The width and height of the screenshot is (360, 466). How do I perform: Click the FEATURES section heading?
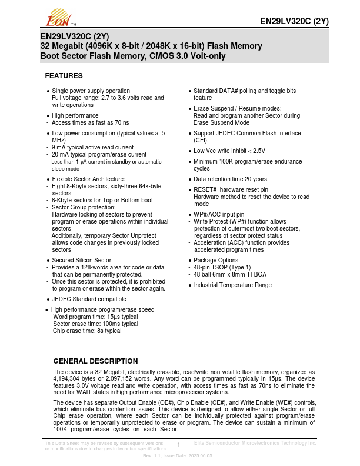tap(64, 76)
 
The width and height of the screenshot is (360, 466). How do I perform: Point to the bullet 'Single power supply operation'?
tap(91, 91)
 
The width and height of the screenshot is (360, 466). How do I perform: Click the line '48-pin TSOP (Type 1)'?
tap(221, 267)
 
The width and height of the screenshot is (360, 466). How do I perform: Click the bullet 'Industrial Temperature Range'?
tap(232, 285)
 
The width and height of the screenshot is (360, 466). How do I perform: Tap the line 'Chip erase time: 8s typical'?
tap(87, 331)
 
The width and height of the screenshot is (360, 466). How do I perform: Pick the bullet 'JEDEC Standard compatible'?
tap(89, 299)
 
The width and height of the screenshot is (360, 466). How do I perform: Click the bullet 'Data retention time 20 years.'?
tap(231, 179)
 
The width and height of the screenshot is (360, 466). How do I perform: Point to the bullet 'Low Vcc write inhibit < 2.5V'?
tap(229, 151)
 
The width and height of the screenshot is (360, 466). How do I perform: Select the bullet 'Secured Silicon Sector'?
tap(81, 260)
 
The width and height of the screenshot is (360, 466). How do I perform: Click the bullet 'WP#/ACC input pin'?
tap(218, 215)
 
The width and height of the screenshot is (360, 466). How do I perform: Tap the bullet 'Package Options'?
tap(216, 260)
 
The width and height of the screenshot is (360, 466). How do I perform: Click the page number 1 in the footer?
tap(178, 445)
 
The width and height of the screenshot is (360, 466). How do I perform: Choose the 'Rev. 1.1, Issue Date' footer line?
tap(178, 456)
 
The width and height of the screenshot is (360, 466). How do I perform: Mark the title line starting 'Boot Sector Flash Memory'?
tap(132, 56)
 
